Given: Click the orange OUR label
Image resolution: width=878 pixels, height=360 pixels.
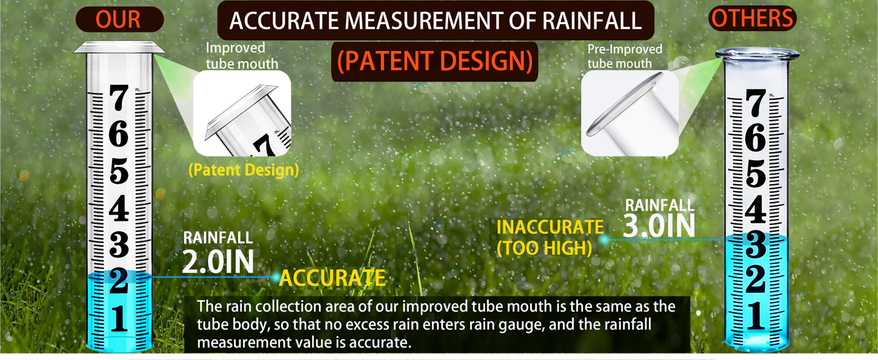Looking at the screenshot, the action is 118,19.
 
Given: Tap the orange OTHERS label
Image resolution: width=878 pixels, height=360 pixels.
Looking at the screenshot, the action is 752,18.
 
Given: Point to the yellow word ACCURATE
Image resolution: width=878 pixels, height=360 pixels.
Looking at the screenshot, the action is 332,278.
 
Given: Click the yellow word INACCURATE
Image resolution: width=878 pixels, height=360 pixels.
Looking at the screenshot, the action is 550,227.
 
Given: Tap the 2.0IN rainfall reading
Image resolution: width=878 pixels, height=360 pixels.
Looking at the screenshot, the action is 218,262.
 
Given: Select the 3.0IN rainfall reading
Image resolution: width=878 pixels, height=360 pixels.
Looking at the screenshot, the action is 659,226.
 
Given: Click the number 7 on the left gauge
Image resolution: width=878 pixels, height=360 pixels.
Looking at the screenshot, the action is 119,98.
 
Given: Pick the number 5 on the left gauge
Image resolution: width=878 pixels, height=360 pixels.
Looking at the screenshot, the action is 119,171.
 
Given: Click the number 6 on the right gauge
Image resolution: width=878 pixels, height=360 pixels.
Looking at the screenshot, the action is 755,137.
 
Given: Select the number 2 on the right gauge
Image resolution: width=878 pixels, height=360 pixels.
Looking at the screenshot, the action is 755,279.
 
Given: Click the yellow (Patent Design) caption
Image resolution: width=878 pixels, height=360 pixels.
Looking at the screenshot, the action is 243,170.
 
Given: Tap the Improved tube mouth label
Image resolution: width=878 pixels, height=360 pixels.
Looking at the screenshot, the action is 242,56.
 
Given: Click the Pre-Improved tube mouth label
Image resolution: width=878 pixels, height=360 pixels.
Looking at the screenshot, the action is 625,56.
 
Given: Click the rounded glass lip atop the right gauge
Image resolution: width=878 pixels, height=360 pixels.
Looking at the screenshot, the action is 757,54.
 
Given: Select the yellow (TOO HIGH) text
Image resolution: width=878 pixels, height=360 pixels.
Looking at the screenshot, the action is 545,248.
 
